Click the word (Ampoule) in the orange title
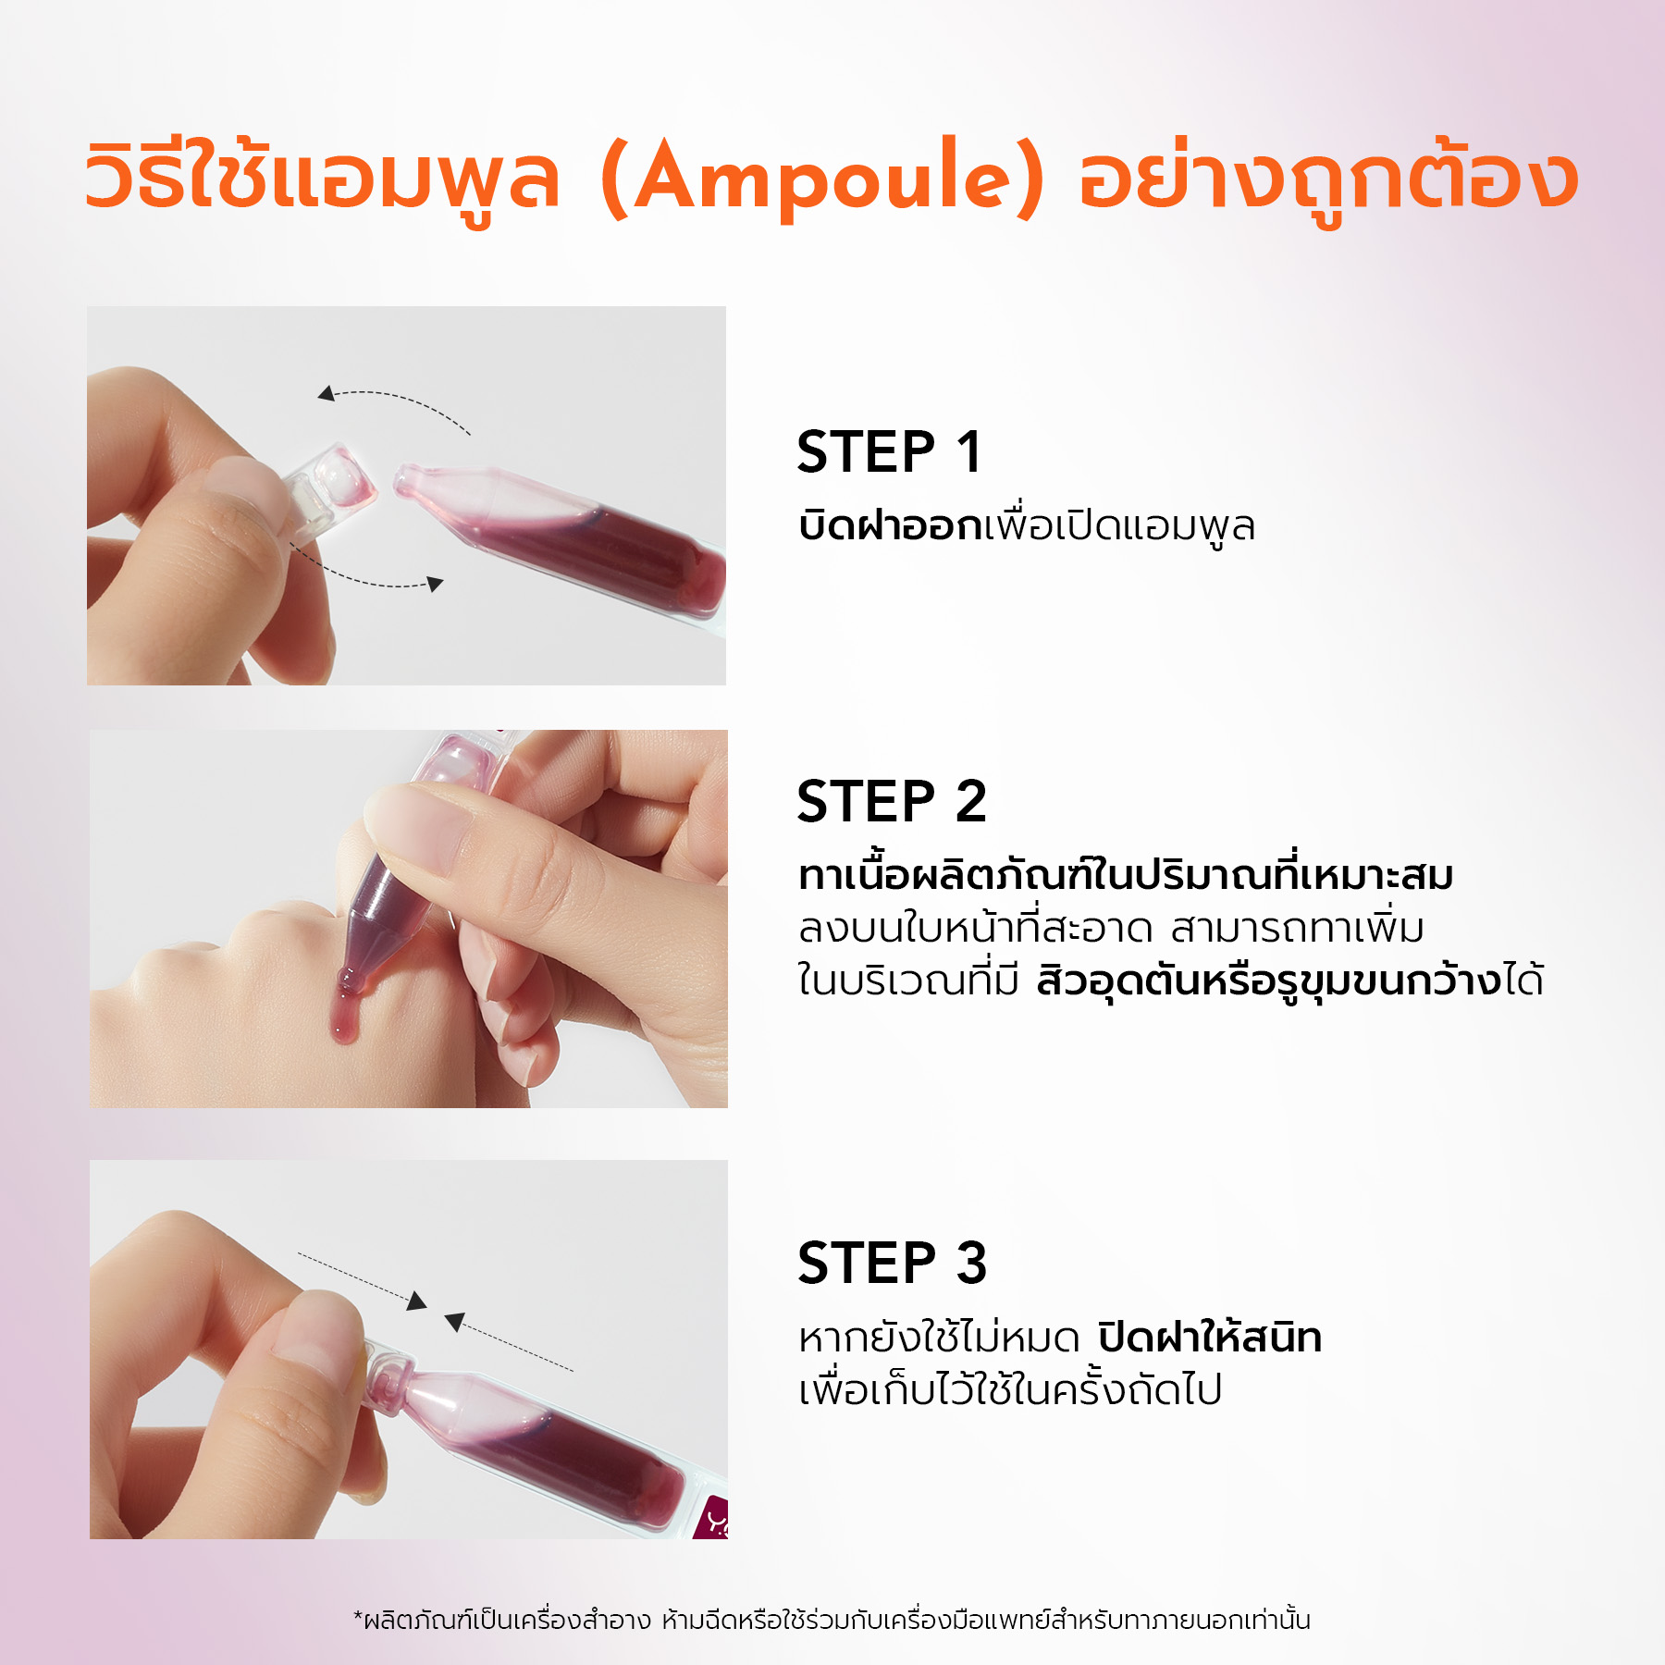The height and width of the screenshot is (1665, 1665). click(x=822, y=178)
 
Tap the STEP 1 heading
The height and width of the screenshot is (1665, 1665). click(x=889, y=452)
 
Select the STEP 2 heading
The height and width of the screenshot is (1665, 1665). click(x=892, y=801)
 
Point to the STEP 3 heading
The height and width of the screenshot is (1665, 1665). click(x=892, y=1264)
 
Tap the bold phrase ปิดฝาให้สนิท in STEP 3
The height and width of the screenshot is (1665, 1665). click(x=1210, y=1337)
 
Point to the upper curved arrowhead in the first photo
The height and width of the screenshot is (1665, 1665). click(x=327, y=394)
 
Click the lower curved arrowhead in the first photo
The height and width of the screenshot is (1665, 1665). click(x=435, y=584)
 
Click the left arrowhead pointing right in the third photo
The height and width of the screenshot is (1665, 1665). click(x=417, y=1301)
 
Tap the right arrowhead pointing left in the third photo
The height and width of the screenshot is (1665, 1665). click(x=454, y=1322)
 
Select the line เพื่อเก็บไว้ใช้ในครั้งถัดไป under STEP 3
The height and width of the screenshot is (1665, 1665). click(x=1010, y=1390)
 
